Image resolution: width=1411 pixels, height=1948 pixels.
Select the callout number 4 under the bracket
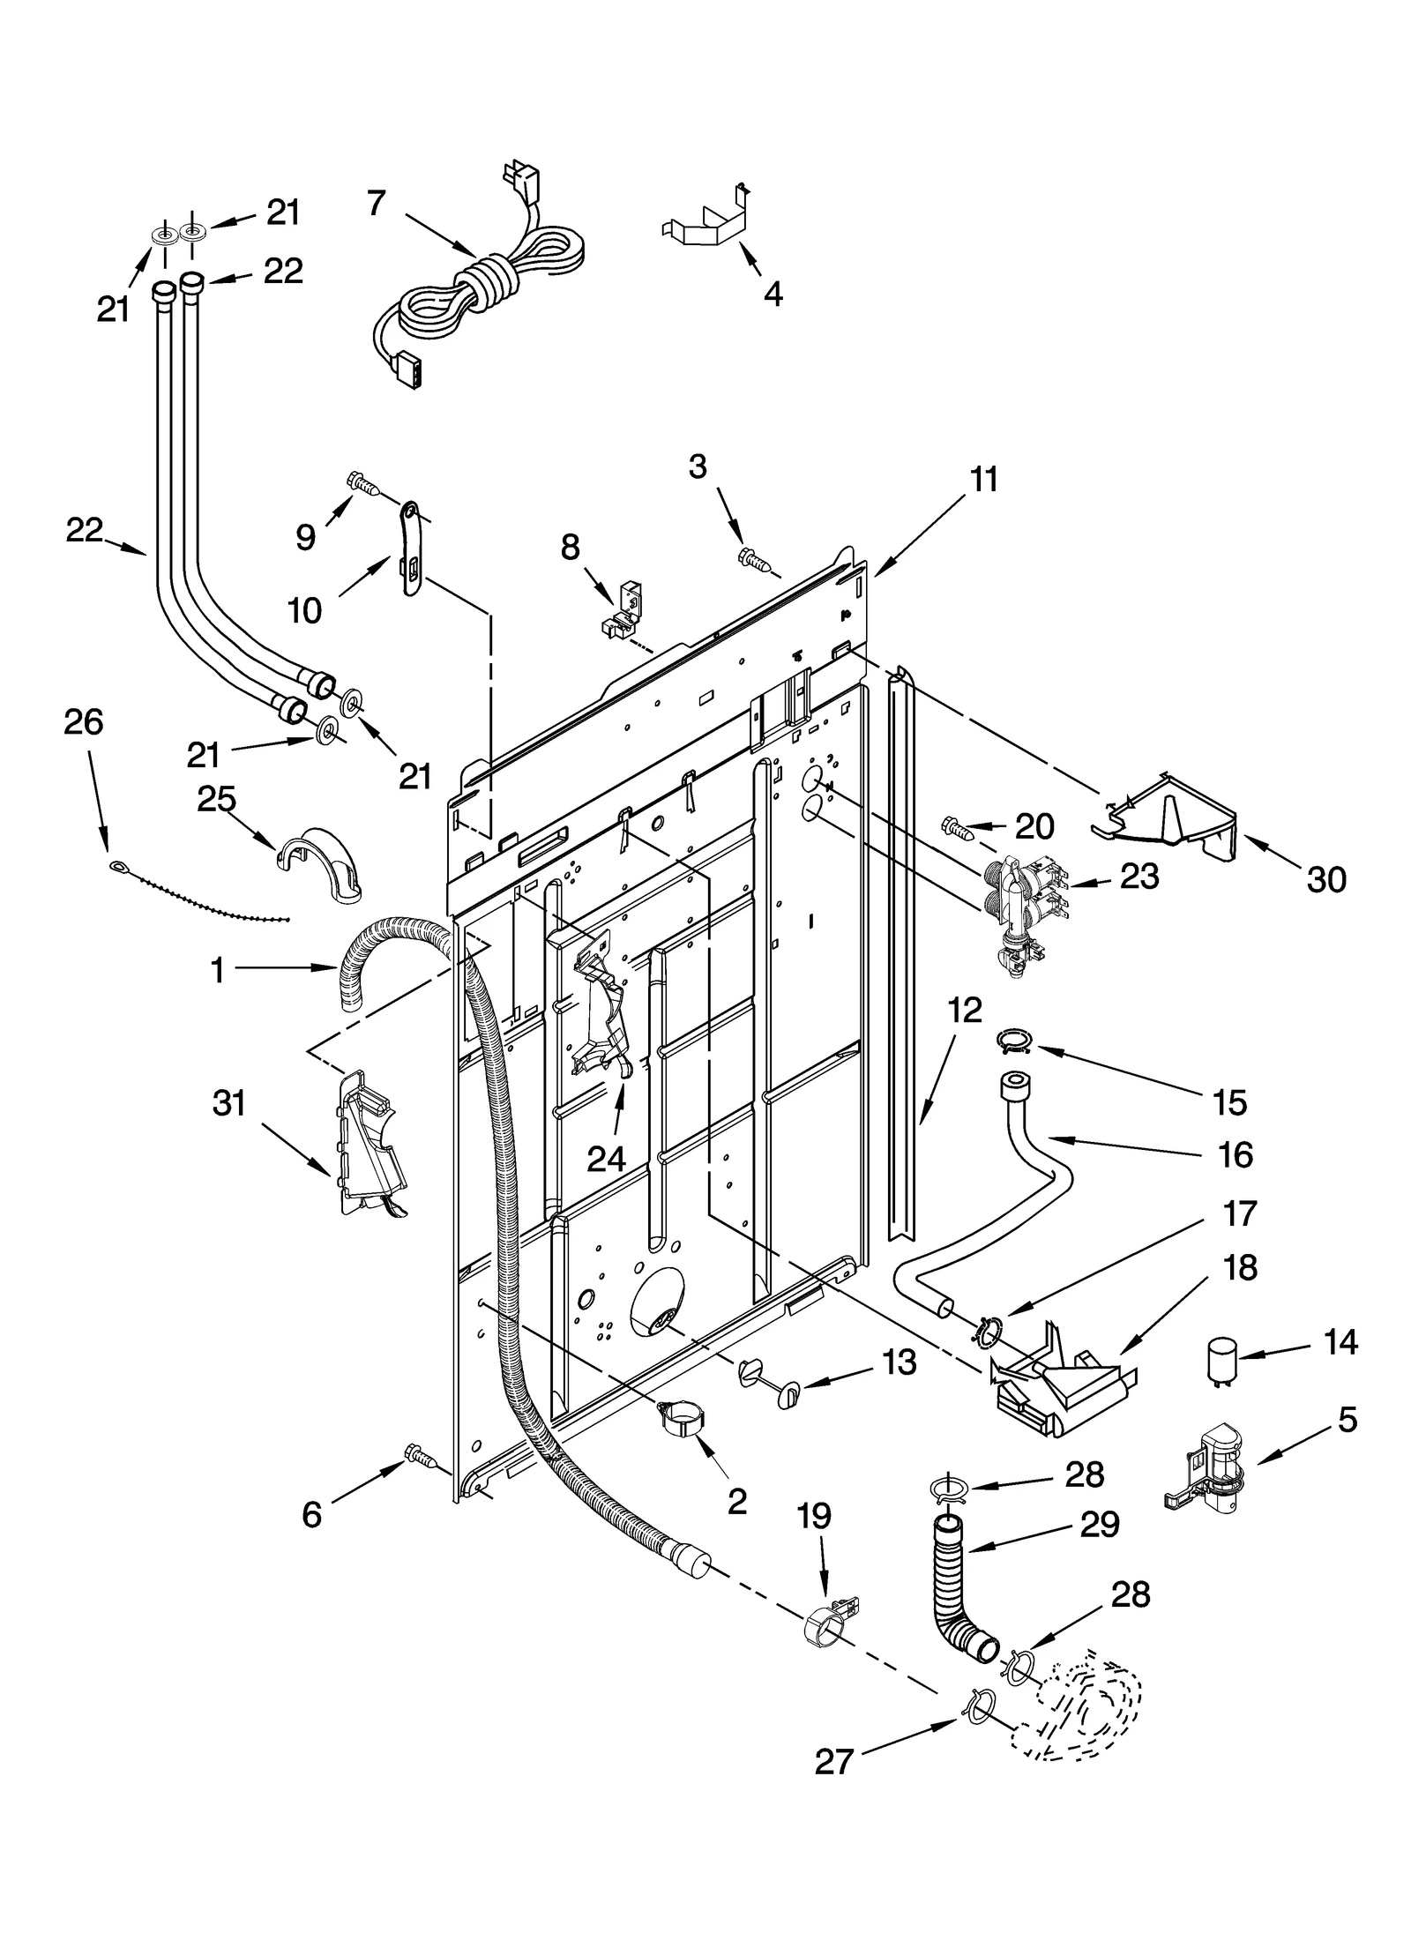(x=773, y=294)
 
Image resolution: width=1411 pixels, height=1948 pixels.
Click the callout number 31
(x=229, y=1102)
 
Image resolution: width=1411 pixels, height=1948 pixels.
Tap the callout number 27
(x=833, y=1787)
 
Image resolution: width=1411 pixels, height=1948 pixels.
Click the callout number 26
(x=83, y=721)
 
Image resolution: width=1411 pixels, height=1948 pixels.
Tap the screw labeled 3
(x=754, y=557)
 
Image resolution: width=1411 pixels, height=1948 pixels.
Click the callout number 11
(x=983, y=480)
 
